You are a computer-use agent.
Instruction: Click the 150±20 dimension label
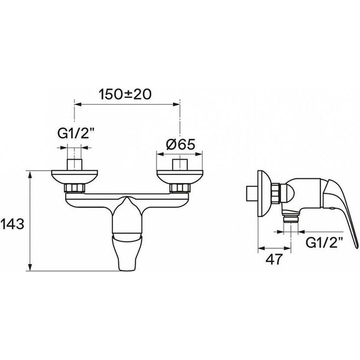point(125,94)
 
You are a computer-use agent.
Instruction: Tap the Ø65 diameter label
point(181,145)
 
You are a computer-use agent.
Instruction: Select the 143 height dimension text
point(13,224)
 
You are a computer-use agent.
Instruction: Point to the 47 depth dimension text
point(273,260)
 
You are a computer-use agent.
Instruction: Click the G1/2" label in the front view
point(76,134)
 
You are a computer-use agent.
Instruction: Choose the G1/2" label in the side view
point(325,243)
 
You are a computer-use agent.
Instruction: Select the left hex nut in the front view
point(75,188)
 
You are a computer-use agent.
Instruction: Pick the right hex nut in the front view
point(180,188)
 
